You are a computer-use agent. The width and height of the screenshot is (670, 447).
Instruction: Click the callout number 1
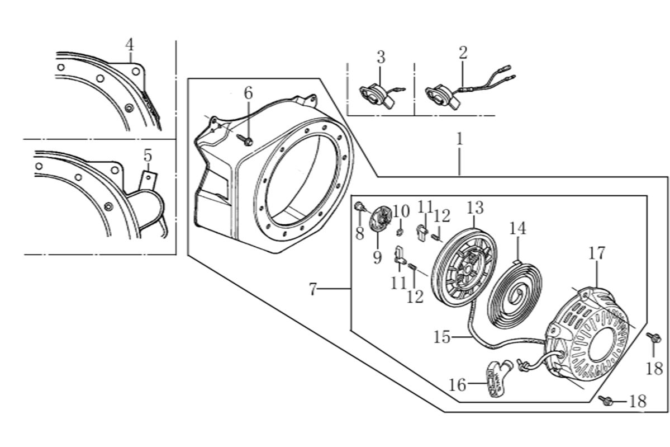[x=459, y=139]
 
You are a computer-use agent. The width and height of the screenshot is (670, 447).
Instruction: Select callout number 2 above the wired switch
[x=463, y=53]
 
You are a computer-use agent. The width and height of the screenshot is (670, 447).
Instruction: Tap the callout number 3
[x=381, y=57]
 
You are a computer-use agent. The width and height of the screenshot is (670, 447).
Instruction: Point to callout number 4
[x=129, y=44]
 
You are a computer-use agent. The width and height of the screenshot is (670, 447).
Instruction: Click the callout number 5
[x=148, y=156]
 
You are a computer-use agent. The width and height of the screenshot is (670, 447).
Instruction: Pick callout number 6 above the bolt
[x=248, y=93]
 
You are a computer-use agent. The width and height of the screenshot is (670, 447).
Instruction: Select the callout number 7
[x=313, y=290]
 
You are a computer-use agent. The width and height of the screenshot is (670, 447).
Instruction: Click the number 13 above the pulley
[x=475, y=208]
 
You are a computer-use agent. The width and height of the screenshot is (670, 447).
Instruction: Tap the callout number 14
[x=518, y=229]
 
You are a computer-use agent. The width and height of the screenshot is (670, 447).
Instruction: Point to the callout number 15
[x=441, y=337]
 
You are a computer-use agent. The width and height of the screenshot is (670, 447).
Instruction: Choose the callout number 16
[x=457, y=384]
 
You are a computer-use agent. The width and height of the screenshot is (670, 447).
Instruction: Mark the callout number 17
[x=596, y=253]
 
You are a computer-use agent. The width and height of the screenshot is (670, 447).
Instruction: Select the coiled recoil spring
[x=514, y=297]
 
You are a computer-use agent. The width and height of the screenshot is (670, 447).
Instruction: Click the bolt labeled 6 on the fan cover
[x=246, y=140]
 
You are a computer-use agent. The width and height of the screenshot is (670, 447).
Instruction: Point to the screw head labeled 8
[x=359, y=209]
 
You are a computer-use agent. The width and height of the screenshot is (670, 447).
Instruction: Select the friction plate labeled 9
[x=378, y=219]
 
